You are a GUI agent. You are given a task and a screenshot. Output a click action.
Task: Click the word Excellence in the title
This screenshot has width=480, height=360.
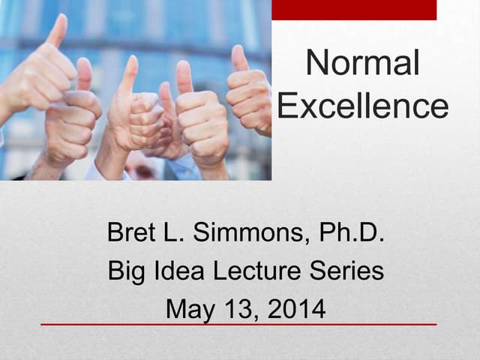point(362,106)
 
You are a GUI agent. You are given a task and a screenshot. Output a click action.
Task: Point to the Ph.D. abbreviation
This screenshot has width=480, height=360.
point(352,233)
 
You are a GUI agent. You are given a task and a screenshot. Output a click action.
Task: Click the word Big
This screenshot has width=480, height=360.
point(127,271)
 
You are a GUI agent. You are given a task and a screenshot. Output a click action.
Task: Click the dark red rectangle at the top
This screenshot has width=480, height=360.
point(353,10)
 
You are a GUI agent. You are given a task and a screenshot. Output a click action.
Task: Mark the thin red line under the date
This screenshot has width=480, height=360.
point(238,325)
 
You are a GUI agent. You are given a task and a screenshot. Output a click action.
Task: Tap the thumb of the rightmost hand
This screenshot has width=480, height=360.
point(239,58)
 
